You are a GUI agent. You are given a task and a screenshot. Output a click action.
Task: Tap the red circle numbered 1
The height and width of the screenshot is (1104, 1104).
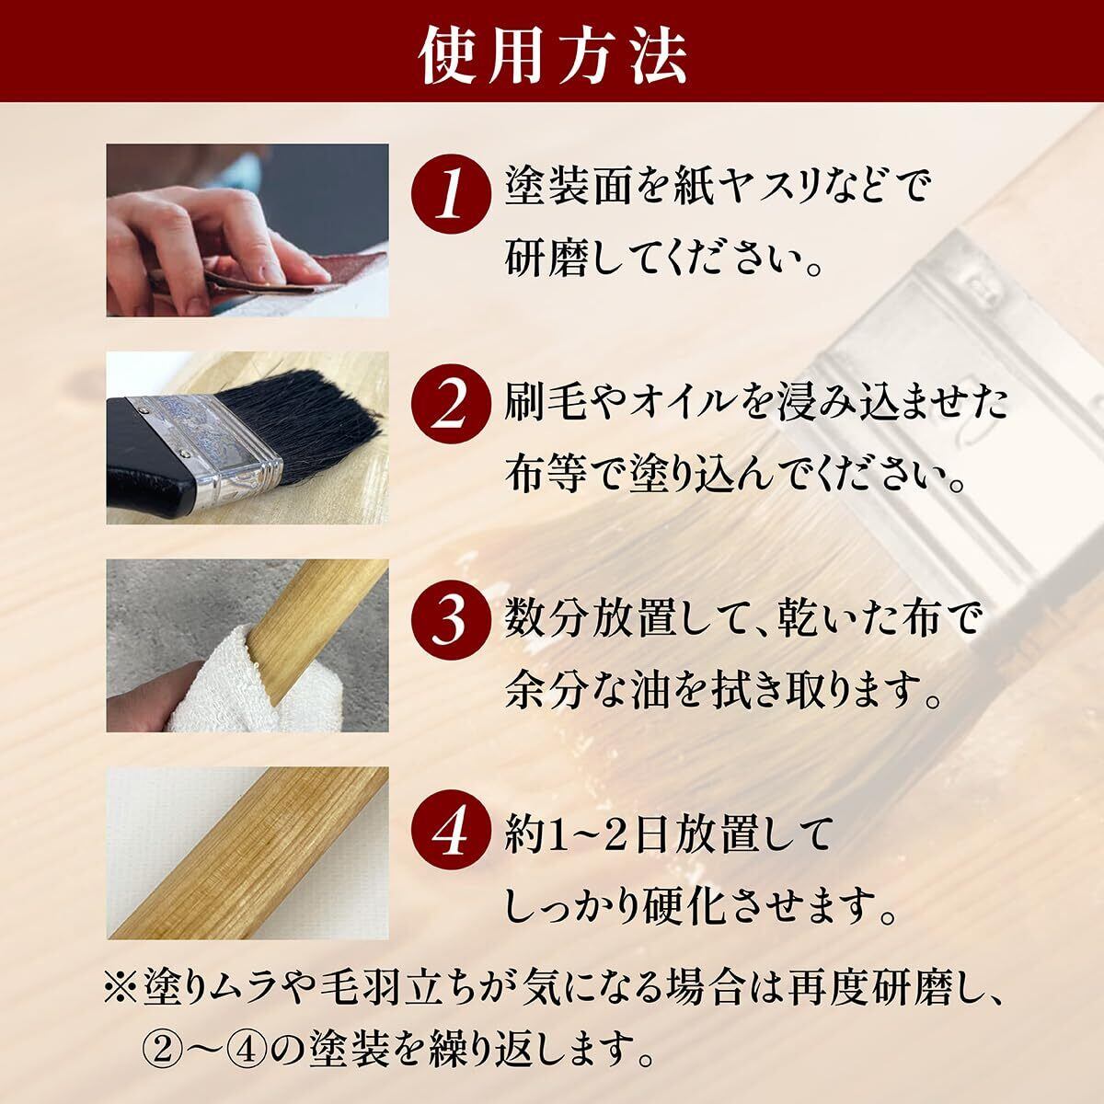pos(452,198)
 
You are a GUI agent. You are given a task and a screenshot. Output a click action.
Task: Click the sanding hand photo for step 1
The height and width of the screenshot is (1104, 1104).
pos(247,230)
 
